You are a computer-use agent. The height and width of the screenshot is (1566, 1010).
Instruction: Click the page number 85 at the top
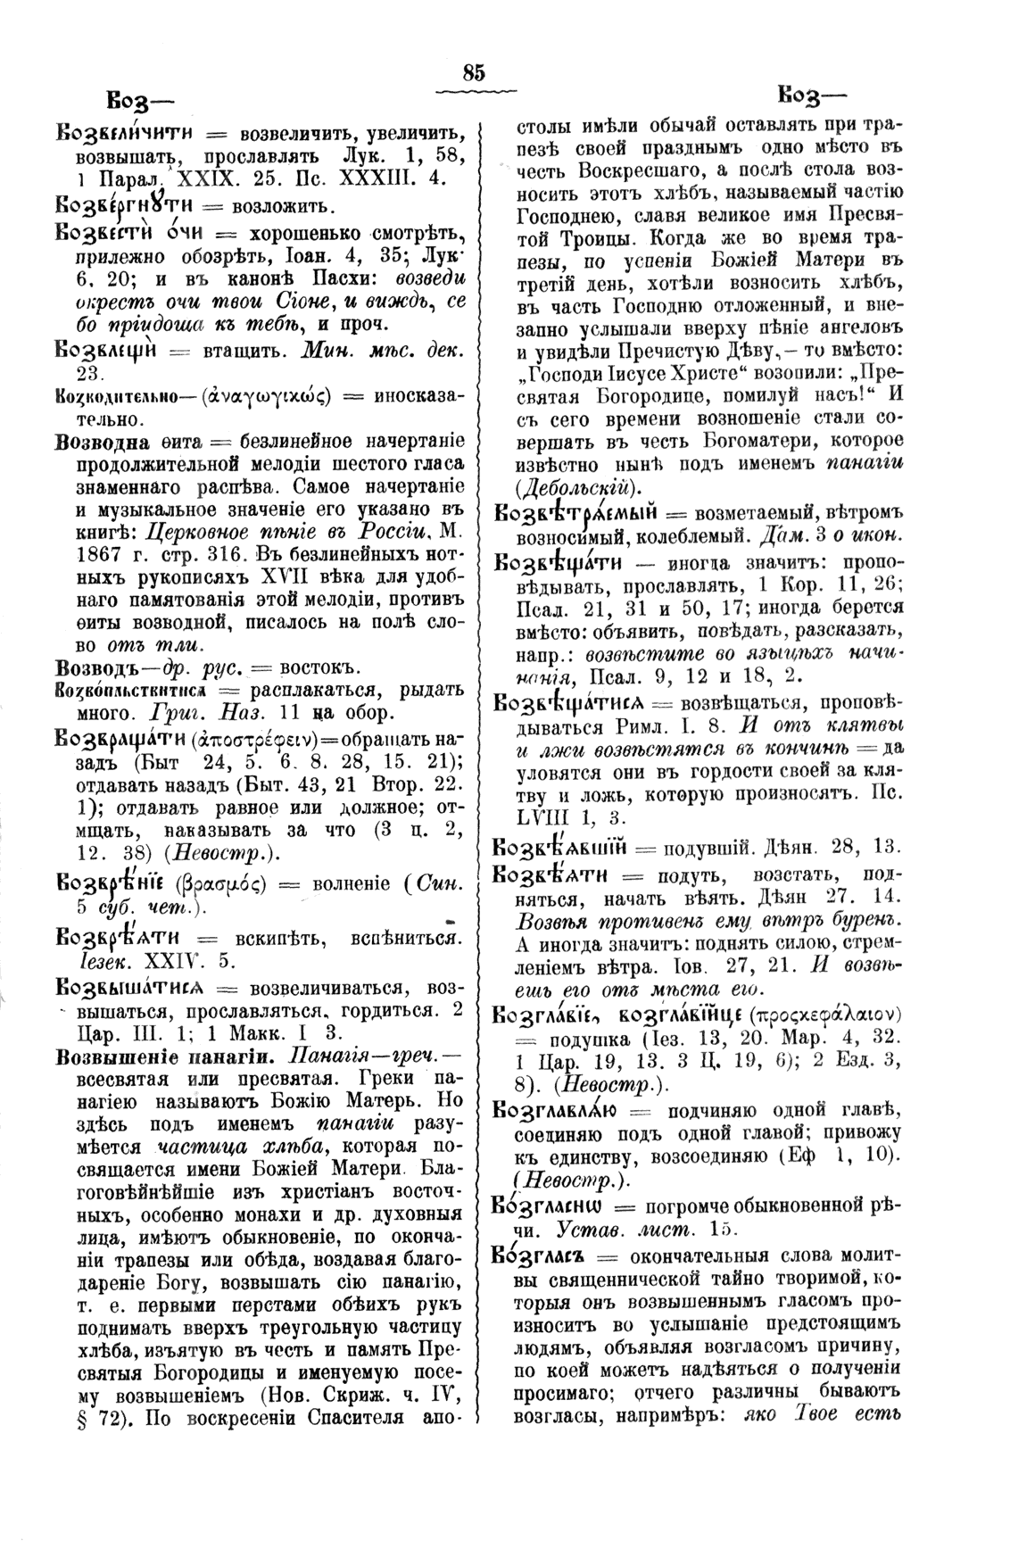(473, 73)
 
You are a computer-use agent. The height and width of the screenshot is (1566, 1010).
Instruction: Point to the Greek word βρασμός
(228, 885)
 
